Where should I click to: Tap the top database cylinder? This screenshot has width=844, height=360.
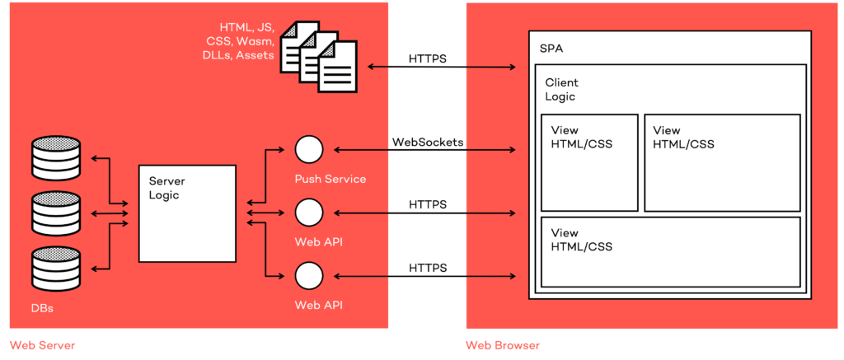click(x=55, y=157)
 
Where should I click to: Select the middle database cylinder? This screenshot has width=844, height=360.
click(x=55, y=213)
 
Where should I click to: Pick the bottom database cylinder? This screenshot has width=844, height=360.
click(x=55, y=269)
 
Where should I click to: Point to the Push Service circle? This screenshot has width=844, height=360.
click(x=309, y=150)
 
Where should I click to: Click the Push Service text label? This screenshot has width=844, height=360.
click(x=330, y=178)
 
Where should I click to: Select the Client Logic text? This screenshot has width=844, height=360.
click(x=561, y=90)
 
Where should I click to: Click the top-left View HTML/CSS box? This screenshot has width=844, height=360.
click(x=589, y=162)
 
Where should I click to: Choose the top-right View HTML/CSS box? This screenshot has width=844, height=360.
click(x=722, y=162)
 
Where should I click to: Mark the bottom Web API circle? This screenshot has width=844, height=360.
click(x=309, y=274)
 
